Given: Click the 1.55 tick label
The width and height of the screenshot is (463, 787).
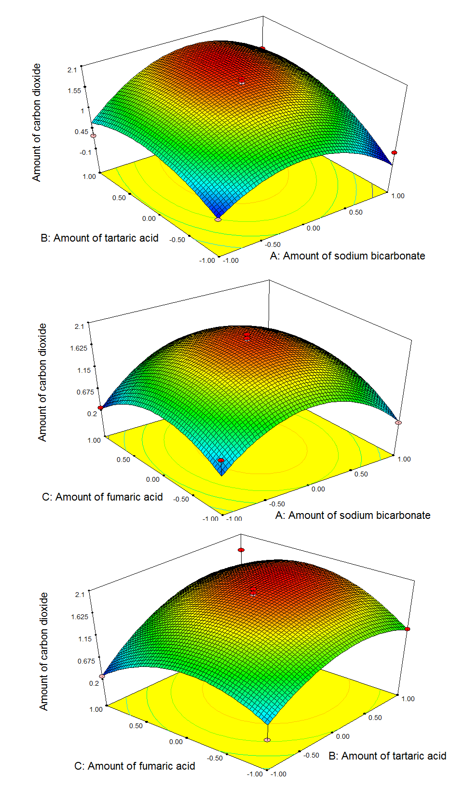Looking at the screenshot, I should [74, 91].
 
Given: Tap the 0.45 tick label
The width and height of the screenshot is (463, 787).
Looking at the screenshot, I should [81, 132].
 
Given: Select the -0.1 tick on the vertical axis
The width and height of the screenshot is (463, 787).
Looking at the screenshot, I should [85, 152].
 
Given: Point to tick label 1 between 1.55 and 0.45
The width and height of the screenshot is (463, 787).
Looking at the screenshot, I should [82, 111].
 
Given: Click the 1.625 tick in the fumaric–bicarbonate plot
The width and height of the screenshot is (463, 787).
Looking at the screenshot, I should [79, 348].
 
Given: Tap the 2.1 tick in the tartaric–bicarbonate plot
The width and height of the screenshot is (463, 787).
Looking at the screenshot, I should [72, 70].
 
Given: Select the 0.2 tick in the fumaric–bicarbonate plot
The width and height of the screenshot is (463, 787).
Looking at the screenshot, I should [92, 414].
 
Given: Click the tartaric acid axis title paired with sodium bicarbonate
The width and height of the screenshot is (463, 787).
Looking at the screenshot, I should [99, 238].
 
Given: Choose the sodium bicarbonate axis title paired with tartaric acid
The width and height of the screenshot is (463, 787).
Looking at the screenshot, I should [347, 256].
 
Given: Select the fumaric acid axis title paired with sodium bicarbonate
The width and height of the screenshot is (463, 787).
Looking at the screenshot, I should [102, 497].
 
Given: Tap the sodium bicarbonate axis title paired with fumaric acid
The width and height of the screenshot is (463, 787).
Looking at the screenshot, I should [353, 516].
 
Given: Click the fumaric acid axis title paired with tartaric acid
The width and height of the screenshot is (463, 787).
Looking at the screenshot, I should [135, 766].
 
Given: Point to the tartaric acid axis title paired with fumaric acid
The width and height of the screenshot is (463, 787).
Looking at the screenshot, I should [387, 756].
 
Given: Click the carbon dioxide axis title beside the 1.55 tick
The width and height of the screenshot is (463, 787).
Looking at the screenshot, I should [37, 122].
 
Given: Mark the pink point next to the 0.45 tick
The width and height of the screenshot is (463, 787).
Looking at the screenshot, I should [94, 136].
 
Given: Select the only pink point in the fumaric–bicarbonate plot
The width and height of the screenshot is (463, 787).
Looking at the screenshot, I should [398, 423].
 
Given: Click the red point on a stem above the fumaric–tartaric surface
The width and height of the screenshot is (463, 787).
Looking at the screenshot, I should [241, 550].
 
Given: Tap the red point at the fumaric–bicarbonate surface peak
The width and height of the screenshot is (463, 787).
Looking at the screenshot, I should [246, 336].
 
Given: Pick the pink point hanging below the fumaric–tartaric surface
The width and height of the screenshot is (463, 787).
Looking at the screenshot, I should [267, 740].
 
